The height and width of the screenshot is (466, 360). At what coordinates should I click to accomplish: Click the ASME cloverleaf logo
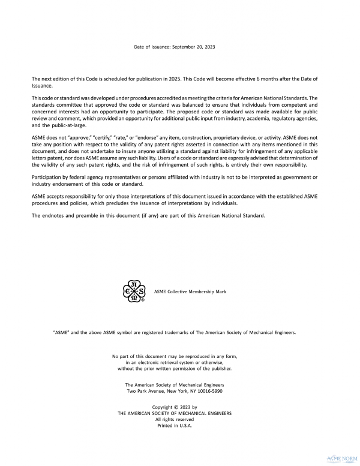tap(133, 291)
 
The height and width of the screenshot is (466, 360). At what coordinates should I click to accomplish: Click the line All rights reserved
tap(175, 419)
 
